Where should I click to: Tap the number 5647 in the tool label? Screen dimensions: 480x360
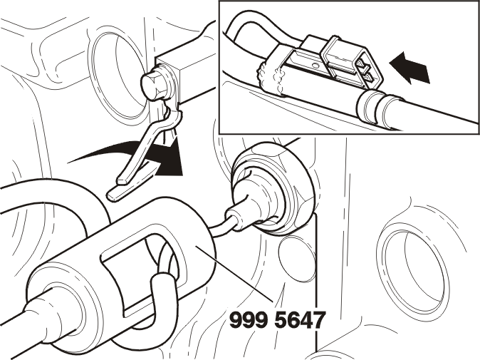[x=298, y=320]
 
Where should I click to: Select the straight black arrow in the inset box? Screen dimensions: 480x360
[x=409, y=68]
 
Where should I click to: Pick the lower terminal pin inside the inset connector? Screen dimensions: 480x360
[x=368, y=77]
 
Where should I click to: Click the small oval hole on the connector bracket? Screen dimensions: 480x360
[x=313, y=66]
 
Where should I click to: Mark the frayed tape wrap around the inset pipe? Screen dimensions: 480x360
[x=273, y=78]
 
